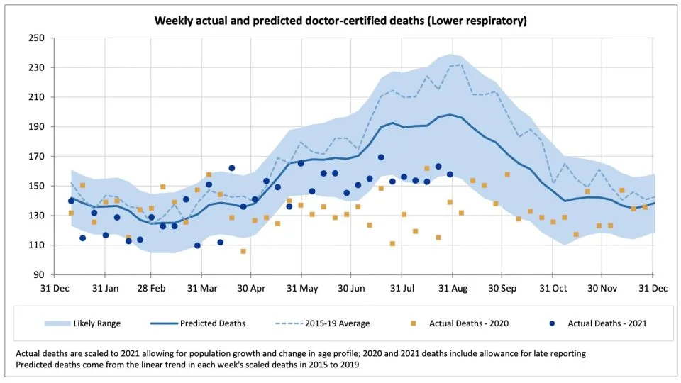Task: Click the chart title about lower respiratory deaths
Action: pos(340,21)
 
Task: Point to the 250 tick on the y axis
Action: pos(35,38)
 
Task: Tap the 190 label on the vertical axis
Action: pos(35,127)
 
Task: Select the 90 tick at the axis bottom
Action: pos(38,275)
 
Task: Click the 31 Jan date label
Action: pos(104,289)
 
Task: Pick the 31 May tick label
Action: pos(303,289)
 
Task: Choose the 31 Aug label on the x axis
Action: pos(452,289)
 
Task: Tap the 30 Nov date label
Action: pos(601,289)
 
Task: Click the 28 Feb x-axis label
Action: pos(152,289)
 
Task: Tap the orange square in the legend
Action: pos(414,323)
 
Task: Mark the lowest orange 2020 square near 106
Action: pos(243,251)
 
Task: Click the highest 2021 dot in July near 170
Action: pos(381,157)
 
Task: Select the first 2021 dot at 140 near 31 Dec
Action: pos(71,201)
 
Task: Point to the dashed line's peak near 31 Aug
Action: pos(461,65)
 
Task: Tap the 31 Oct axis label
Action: pos(553,289)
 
